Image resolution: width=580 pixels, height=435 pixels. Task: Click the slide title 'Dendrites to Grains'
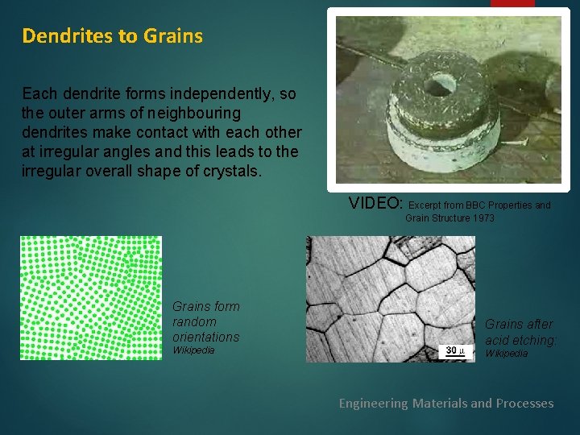112,36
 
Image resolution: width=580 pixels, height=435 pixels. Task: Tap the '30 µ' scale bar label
455,350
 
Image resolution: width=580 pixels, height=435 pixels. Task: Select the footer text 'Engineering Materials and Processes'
445,403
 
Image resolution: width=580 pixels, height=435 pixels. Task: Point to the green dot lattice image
90,297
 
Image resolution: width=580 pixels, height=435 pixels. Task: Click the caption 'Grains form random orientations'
205,321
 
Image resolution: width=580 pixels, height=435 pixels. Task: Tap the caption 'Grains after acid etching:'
520,332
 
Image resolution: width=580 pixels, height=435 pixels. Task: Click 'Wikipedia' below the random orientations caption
193,351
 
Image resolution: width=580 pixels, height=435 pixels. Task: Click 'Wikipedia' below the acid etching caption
506,354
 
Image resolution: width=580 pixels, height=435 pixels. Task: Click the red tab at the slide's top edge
512,3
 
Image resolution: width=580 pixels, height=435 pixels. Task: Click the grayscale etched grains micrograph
391,299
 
